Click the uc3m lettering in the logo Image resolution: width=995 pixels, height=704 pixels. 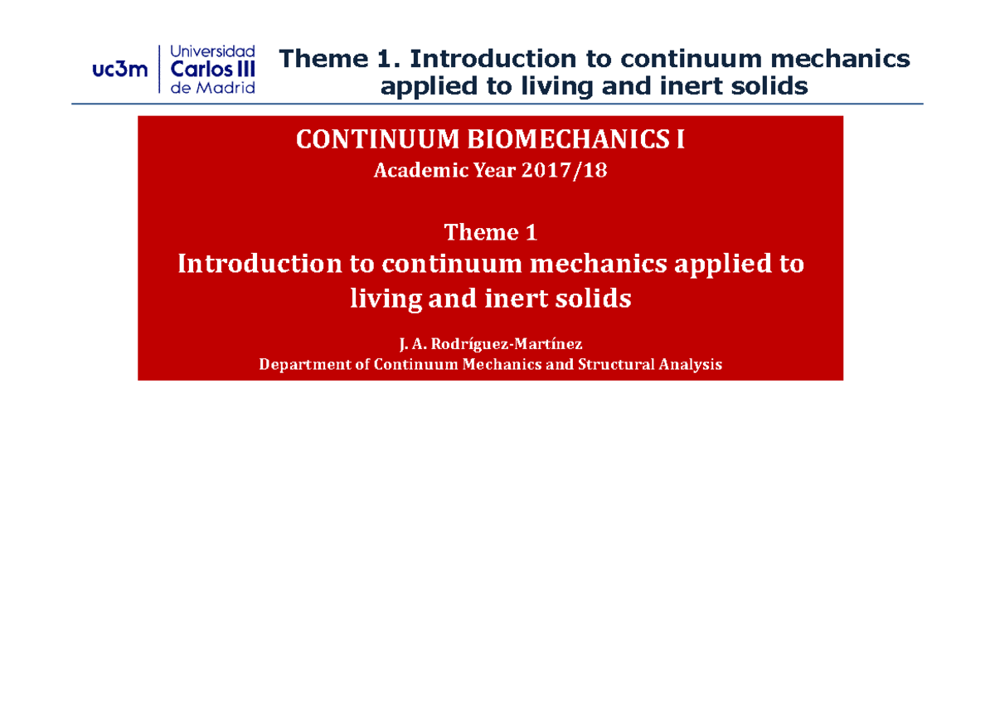pyautogui.click(x=120, y=70)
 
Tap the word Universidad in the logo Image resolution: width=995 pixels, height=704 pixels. pyautogui.click(x=212, y=51)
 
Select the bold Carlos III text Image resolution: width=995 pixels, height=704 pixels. pyautogui.click(x=212, y=70)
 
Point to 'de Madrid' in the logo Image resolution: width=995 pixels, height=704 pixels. pyautogui.click(x=212, y=88)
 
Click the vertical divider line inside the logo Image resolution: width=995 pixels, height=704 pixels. pyautogui.click(x=158, y=70)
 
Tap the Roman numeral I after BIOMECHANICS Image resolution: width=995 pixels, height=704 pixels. pyautogui.click(x=680, y=141)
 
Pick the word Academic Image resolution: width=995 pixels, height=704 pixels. pyautogui.click(x=410, y=172)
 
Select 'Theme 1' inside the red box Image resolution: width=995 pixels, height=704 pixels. pyautogui.click(x=491, y=233)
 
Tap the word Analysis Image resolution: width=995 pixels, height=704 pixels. pyautogui.click(x=690, y=364)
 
